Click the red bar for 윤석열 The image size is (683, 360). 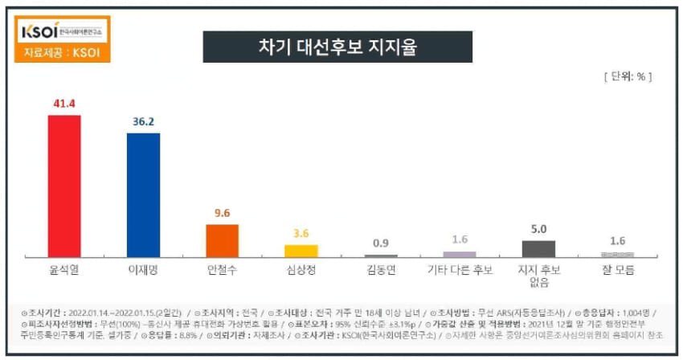click(64, 186)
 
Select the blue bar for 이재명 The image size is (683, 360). click(143, 194)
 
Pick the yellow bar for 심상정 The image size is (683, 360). click(301, 250)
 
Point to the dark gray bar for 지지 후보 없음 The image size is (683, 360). click(538, 248)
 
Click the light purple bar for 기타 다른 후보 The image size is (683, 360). click(460, 254)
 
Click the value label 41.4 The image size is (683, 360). click(64, 104)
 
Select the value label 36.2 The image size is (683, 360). click(143, 121)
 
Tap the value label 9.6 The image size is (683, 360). click(223, 214)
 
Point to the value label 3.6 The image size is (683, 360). click(301, 234)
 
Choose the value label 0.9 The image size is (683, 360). click(381, 242)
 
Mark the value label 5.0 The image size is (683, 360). click(538, 228)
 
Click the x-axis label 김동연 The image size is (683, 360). click(381, 270)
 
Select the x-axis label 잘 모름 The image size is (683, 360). click(617, 270)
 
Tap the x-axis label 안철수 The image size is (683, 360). click(223, 270)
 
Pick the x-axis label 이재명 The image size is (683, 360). click(143, 270)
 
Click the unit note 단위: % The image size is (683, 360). click(627, 77)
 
